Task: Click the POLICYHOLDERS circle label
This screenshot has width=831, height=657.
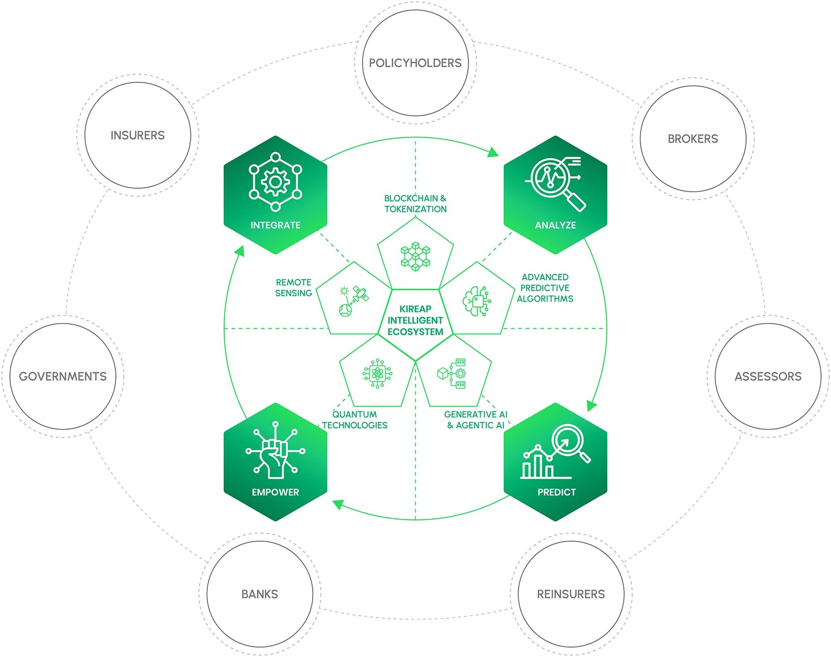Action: coord(415,63)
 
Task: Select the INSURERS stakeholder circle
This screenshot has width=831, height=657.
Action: coord(137,135)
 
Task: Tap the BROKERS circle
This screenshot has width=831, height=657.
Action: coord(692,139)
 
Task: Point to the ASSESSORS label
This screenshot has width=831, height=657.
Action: coord(768,376)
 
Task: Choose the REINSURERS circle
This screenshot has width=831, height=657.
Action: coord(571,594)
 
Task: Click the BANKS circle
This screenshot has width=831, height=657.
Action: coord(259,594)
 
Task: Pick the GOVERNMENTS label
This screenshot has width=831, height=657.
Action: coord(63,376)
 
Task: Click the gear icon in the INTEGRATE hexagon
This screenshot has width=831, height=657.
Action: coord(275,182)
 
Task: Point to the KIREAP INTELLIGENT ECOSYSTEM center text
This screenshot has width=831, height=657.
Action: coord(415,320)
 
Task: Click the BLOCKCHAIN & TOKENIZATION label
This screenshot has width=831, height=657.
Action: coord(415,203)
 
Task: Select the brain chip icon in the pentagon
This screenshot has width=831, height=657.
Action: coord(477,301)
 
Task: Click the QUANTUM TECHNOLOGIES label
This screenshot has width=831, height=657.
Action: coord(354,420)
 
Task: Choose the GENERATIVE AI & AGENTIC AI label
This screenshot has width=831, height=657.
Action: coord(475,420)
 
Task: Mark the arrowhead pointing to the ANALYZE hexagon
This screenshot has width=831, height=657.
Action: coord(493,153)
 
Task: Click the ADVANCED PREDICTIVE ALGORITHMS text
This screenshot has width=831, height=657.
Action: coord(545,288)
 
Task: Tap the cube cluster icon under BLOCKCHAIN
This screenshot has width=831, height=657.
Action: coord(415,256)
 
